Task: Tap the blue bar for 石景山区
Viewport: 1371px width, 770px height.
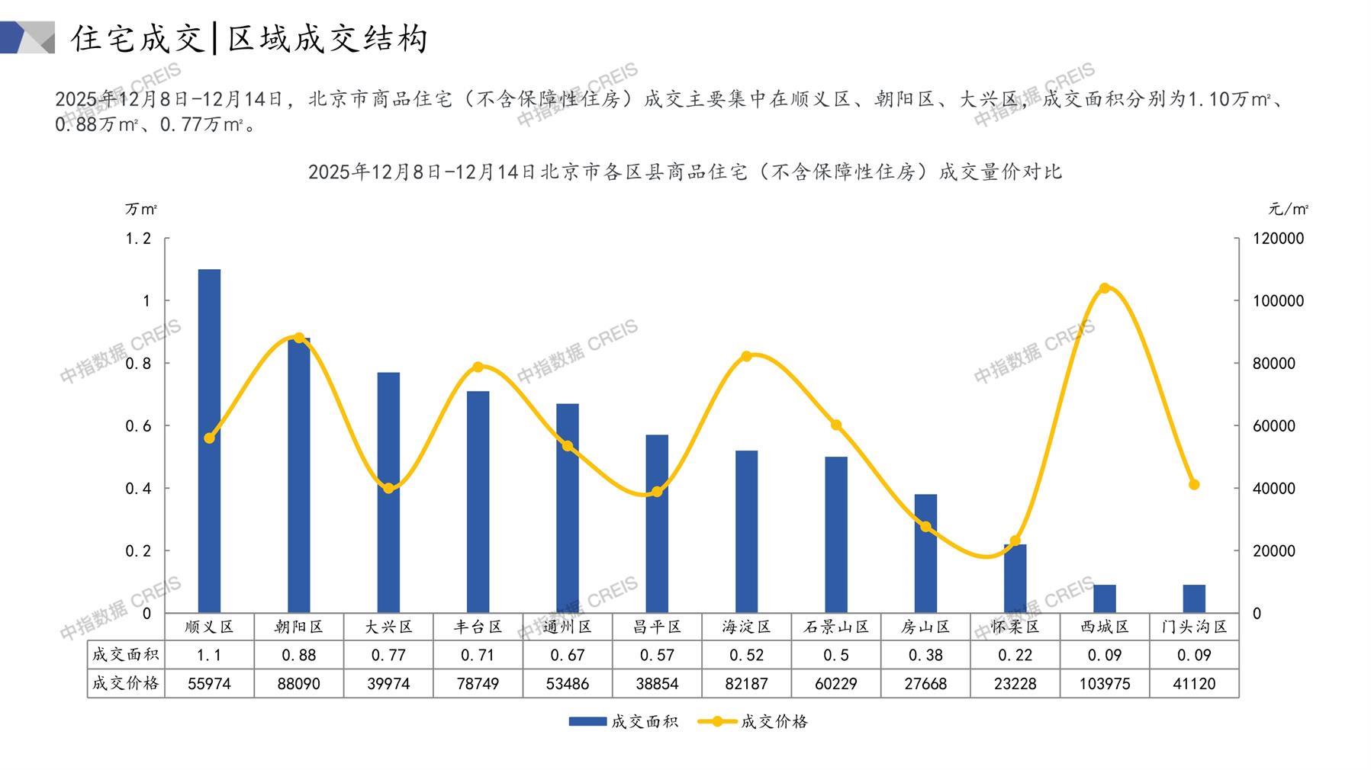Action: [x=836, y=534]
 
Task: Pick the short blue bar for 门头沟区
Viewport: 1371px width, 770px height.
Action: [x=1194, y=598]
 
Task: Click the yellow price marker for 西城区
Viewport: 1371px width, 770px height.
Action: [x=1105, y=288]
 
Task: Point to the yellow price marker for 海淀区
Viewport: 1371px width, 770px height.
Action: [x=746, y=356]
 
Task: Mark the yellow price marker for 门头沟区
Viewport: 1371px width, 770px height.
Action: [x=1194, y=485]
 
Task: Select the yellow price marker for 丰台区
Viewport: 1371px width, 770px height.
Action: [x=478, y=367]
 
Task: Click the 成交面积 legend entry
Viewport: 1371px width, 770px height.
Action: [x=623, y=721]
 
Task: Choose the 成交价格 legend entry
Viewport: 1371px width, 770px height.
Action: [x=753, y=721]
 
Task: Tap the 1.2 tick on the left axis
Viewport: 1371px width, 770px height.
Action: [x=138, y=239]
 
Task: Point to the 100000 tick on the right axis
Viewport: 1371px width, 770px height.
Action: [x=1279, y=301]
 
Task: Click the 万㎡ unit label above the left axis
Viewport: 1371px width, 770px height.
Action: [x=141, y=209]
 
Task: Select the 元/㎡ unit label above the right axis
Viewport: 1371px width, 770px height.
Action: [x=1289, y=209]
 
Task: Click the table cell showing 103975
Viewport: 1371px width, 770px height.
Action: [x=1104, y=684]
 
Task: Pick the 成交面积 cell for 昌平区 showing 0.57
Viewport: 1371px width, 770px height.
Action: [x=657, y=655]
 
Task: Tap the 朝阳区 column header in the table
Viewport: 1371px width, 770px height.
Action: [x=298, y=627]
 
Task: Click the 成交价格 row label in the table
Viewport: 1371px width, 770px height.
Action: [x=126, y=684]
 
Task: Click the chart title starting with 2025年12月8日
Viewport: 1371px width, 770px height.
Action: [x=684, y=172]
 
